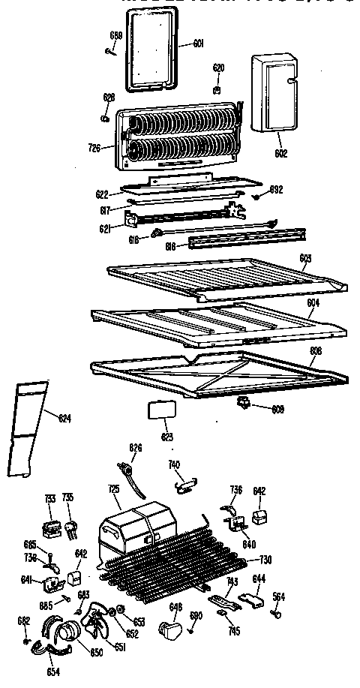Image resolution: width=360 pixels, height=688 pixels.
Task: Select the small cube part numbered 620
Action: tap(217, 89)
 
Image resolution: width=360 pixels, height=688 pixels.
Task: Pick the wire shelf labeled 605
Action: tap(225, 277)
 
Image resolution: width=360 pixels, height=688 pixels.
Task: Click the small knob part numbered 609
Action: tap(243, 405)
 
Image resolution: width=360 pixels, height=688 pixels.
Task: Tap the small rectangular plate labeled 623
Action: tap(157, 410)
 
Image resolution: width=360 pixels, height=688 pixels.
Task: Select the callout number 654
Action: tap(52, 671)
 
